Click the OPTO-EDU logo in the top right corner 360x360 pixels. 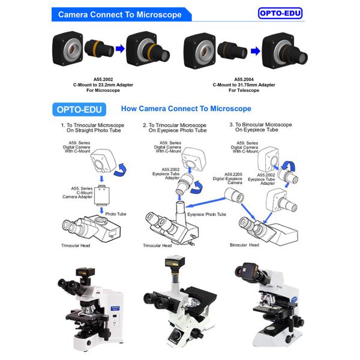pyautogui.click(x=280, y=13)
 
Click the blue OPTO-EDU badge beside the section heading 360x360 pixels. pyautogui.click(x=79, y=110)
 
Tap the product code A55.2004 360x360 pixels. pyautogui.click(x=244, y=79)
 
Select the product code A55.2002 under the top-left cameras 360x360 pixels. pyautogui.click(x=103, y=79)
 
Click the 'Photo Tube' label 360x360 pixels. pyautogui.click(x=116, y=214)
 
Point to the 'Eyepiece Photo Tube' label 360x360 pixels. pyautogui.click(x=206, y=214)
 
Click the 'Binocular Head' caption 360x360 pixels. pyautogui.click(x=244, y=245)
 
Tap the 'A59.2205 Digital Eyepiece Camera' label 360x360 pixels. pyautogui.click(x=227, y=179)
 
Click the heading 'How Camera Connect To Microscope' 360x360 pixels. pyautogui.click(x=186, y=109)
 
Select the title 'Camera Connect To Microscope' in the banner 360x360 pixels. pyautogui.click(x=120, y=14)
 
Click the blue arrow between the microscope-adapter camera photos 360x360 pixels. pyautogui.click(x=120, y=49)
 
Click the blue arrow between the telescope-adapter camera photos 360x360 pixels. pyautogui.click(x=256, y=51)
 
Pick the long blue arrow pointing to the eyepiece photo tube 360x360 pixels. pyautogui.click(x=205, y=203)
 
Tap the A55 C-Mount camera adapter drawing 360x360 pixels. pyautogui.click(x=102, y=195)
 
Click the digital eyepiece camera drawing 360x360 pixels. pyautogui.click(x=234, y=196)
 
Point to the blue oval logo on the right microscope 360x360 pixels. pyautogui.click(x=294, y=299)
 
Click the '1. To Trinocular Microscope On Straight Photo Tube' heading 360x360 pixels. pyautogui.click(x=93, y=128)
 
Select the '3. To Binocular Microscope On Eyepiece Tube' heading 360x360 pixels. pyautogui.click(x=260, y=127)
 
